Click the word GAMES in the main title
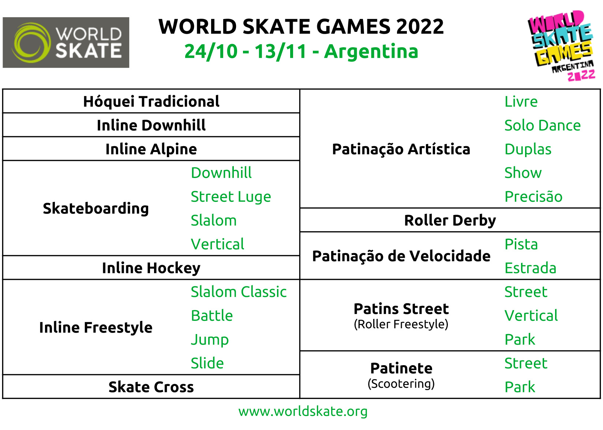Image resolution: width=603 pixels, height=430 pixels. [x=353, y=27]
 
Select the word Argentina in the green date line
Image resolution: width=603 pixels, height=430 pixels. [x=371, y=52]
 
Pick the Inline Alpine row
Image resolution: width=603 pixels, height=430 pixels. [x=151, y=149]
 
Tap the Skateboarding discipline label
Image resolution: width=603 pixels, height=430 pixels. [x=96, y=209]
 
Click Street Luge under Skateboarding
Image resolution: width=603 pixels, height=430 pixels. [x=231, y=197]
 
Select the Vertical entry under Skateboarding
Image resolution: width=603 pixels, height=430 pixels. [x=217, y=244]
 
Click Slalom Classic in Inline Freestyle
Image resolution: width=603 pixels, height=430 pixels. [x=239, y=292]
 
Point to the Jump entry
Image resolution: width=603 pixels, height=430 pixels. [x=210, y=340]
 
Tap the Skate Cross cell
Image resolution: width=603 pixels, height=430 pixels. [x=151, y=387]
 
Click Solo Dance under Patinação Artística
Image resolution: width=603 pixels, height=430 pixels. [x=542, y=126]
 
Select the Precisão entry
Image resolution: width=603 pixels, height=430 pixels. [x=533, y=197]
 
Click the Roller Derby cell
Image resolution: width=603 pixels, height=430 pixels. [x=450, y=220]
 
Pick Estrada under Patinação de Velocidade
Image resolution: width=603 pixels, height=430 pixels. [x=530, y=268]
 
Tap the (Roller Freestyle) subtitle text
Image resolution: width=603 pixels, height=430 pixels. [x=401, y=325]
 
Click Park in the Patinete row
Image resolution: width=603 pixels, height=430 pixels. [x=520, y=387]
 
